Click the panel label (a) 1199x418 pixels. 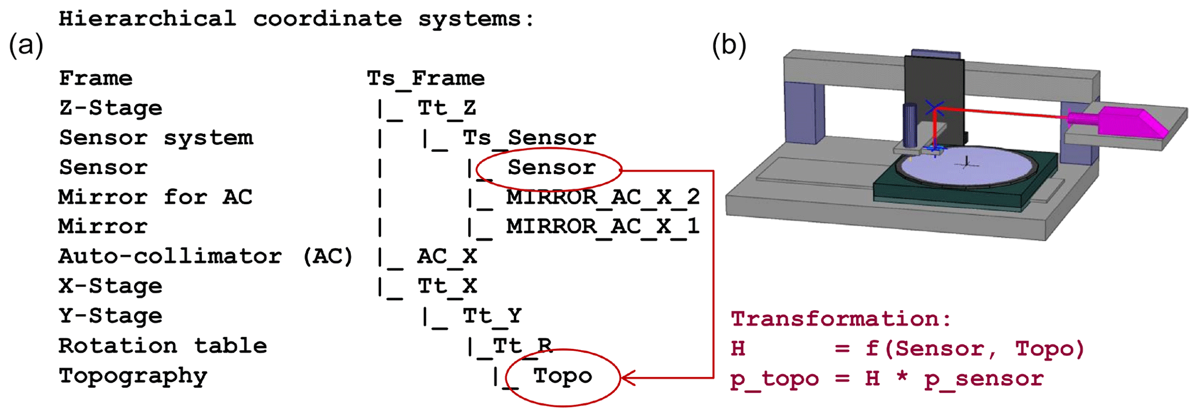click(x=26, y=46)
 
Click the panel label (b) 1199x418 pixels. click(x=729, y=46)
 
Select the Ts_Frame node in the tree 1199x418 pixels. click(x=426, y=78)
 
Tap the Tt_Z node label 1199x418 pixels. click(x=447, y=108)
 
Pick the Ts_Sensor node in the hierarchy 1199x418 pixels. click(x=529, y=138)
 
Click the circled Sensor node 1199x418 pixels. click(x=551, y=168)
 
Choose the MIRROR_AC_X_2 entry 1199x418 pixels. click(x=603, y=197)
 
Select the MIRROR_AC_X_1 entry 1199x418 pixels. click(x=603, y=226)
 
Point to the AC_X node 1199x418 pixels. click(x=447, y=256)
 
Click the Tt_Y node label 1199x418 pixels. click(x=492, y=316)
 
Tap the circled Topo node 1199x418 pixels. click(x=563, y=376)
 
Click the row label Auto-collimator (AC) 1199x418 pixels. click(x=206, y=256)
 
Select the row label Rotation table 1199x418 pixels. click(x=162, y=346)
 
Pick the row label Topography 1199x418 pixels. click(x=133, y=376)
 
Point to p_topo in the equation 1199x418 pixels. click(x=774, y=379)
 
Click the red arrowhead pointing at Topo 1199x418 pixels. click(x=628, y=378)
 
